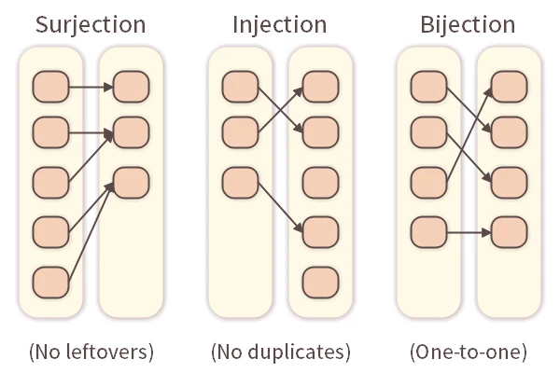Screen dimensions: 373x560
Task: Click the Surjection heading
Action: pyautogui.click(x=91, y=24)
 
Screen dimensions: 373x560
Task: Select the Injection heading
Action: pyautogui.click(x=279, y=24)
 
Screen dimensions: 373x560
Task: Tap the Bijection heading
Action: pyautogui.click(x=468, y=24)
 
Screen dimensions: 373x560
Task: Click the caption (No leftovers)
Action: pyautogui.click(x=91, y=352)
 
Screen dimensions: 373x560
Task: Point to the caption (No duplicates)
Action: pyautogui.click(x=280, y=352)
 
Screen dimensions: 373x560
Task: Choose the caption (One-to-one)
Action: pyautogui.click(x=468, y=352)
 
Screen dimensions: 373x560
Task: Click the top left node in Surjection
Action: pyautogui.click(x=50, y=89)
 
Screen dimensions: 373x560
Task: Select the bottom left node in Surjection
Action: pyautogui.click(x=50, y=280)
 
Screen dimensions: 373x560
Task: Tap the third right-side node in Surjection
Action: pyautogui.click(x=131, y=181)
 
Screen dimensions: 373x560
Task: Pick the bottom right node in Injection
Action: pyautogui.click(x=319, y=280)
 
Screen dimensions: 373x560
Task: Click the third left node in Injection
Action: pyautogui.click(x=240, y=181)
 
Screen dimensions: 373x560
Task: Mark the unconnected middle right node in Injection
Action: pyautogui.click(x=319, y=181)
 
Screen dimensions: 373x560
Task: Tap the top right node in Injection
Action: pyautogui.click(x=319, y=89)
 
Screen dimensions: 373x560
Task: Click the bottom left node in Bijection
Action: pyautogui.click(x=428, y=229)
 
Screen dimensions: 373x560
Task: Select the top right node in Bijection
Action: pyautogui.click(x=508, y=89)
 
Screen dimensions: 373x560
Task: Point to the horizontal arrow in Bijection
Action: pyautogui.click(x=469, y=229)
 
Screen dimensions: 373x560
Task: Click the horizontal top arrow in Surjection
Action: pyautogui.click(x=91, y=89)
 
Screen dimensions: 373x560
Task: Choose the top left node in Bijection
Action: pyautogui.click(x=428, y=89)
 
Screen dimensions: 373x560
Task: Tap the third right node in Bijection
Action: pyautogui.click(x=508, y=181)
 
